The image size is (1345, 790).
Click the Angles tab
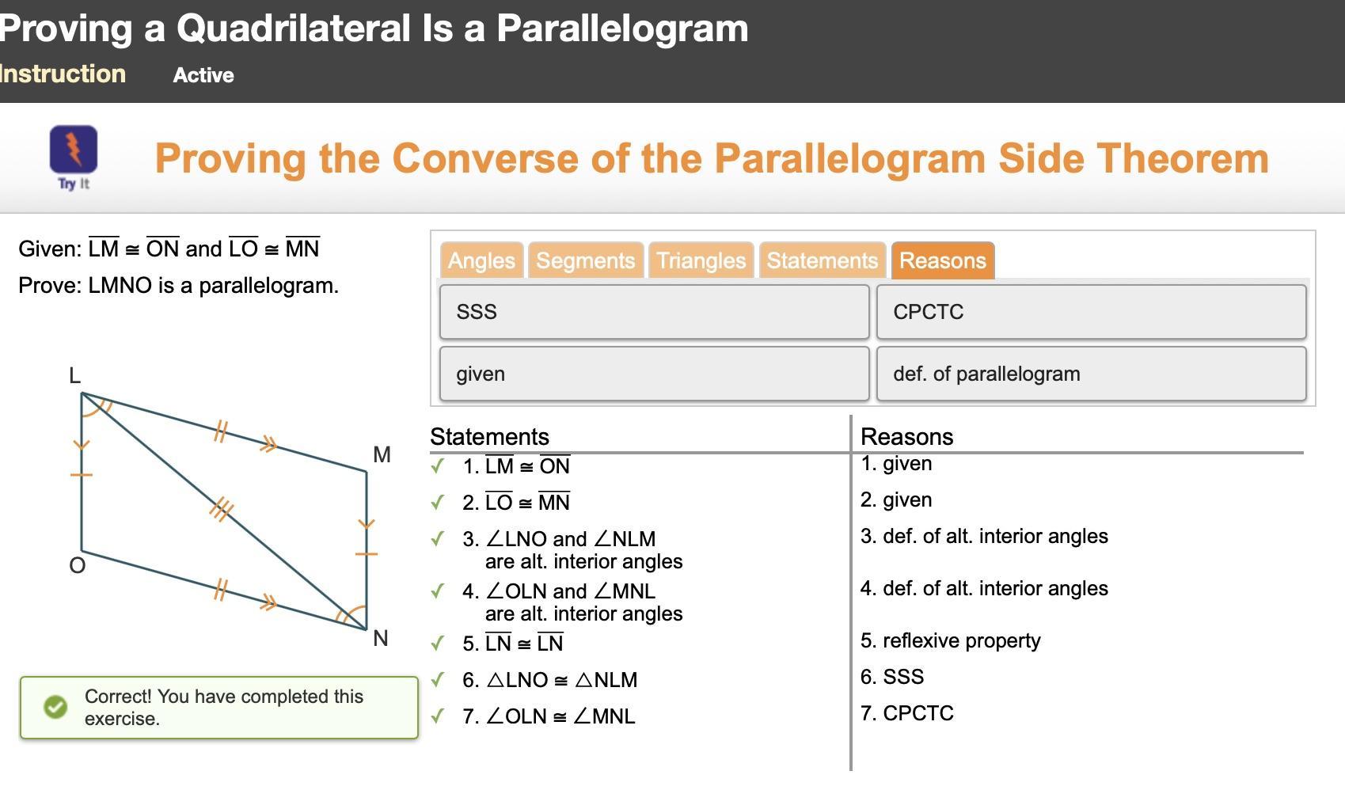pos(481,260)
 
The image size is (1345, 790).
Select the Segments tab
pos(586,260)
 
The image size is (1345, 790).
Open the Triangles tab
pos(701,260)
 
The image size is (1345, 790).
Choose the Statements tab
pos(822,260)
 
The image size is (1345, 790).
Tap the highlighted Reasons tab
pos(943,260)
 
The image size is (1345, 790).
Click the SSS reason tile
pos(655,312)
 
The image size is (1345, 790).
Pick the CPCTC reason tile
pos(1091,312)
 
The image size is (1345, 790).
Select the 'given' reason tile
pos(655,374)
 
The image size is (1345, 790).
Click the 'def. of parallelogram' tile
pos(1091,374)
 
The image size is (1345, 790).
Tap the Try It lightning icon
pos(74,150)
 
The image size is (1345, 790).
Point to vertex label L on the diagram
pos(74,376)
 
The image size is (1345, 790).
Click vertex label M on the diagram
pos(382,455)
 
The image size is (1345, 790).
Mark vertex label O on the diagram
pos(78,565)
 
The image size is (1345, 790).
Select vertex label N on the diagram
pos(381,638)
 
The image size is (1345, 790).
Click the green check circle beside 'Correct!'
pos(56,707)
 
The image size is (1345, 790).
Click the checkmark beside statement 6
pos(438,679)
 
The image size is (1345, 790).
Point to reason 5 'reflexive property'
pos(950,641)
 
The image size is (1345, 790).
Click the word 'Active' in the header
pos(203,75)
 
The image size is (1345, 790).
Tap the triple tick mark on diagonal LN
pos(222,510)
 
